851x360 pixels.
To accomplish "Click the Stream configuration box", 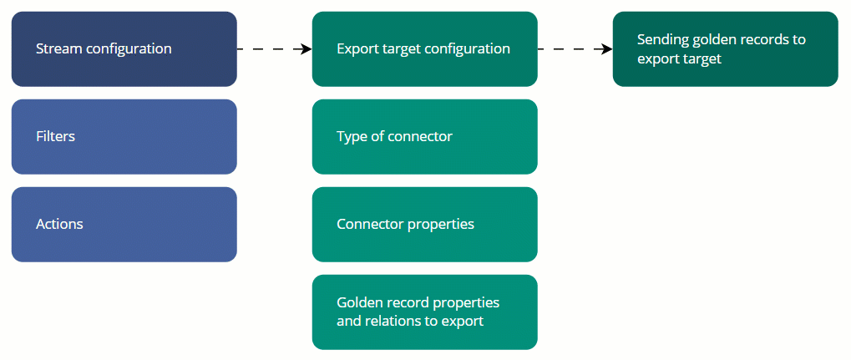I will [124, 48].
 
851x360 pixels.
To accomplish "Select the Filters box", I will [124, 136].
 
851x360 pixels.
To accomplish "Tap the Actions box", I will [124, 224].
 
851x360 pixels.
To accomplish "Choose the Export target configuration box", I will [424, 48].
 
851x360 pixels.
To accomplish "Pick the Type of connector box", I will [424, 136].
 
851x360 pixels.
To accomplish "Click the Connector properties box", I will [424, 224].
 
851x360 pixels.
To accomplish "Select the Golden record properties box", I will [424, 312].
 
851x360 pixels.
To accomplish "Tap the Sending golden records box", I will [725, 48].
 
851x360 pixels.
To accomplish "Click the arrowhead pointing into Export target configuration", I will [306, 49].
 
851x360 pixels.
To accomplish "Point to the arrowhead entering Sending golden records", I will [607, 49].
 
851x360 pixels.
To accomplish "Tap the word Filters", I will [55, 136].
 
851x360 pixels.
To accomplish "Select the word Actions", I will [59, 224].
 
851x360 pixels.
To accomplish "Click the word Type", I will [352, 136].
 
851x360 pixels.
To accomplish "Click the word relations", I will [393, 321].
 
